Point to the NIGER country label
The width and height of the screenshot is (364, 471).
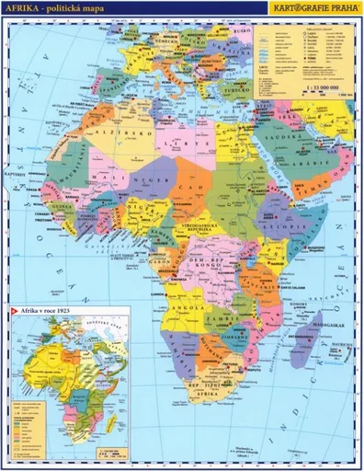tap(147, 182)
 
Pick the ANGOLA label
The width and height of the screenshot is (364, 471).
tap(188, 299)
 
